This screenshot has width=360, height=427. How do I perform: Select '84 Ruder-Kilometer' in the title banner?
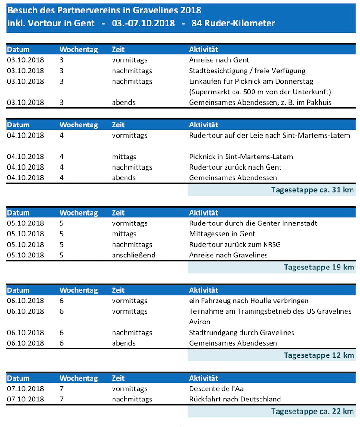[233, 23]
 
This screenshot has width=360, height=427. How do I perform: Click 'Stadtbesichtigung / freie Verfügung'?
[247, 71]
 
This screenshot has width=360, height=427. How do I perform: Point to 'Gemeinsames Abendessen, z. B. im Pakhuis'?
[260, 102]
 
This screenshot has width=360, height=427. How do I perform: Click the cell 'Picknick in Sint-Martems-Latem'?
[241, 157]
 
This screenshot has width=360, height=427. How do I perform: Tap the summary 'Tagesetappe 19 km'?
[319, 267]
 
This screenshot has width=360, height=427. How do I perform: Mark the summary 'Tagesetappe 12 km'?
[319, 355]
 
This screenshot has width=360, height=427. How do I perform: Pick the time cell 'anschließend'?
[133, 255]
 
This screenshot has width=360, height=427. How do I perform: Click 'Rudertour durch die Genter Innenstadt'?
[253, 223]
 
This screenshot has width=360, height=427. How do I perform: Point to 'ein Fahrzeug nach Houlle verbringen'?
[248, 301]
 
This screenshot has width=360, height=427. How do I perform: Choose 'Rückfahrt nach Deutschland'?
[235, 399]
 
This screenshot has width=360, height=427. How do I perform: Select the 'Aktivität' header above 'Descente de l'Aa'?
[203, 378]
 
